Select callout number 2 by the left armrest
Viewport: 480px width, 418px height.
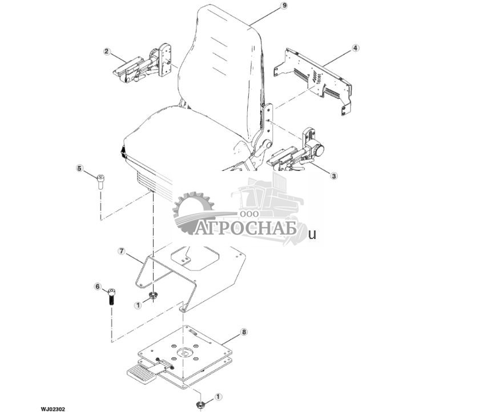[106, 51]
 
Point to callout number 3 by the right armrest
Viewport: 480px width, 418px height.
[334, 176]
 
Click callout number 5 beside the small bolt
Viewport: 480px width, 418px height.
[80, 168]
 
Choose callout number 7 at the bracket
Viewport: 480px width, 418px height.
[121, 251]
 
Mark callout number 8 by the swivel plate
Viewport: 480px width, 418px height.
[244, 332]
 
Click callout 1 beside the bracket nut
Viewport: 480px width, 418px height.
[138, 306]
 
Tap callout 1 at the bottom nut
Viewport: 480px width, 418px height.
[218, 396]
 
